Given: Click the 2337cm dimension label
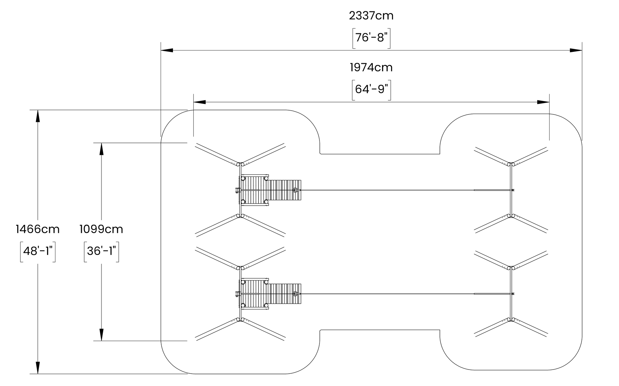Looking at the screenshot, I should pos(371,15).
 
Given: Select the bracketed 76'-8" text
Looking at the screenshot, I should pos(371,37).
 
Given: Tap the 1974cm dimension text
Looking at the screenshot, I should pos(371,67).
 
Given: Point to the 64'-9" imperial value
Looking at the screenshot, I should pos(371,89).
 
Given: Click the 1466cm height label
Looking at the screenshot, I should pos(37,229).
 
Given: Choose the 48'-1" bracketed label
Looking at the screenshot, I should pos(37,251).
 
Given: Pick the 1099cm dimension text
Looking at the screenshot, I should pos(101,229).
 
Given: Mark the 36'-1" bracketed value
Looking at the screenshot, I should pos(101,251).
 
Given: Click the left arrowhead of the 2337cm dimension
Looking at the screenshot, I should pos(167,50).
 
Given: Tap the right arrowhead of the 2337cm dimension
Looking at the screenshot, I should pos(576,50).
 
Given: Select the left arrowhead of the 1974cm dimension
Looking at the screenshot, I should pos(199,102).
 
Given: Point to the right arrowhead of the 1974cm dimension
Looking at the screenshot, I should pos(543,102).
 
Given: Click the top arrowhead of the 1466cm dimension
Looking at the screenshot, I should pos(37,116).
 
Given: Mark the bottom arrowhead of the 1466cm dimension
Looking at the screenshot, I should pos(37,367).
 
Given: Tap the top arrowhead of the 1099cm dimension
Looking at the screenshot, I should pos(101,149).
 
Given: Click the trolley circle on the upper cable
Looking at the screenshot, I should pos(295,190).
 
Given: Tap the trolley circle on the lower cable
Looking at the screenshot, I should pos(295,294).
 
